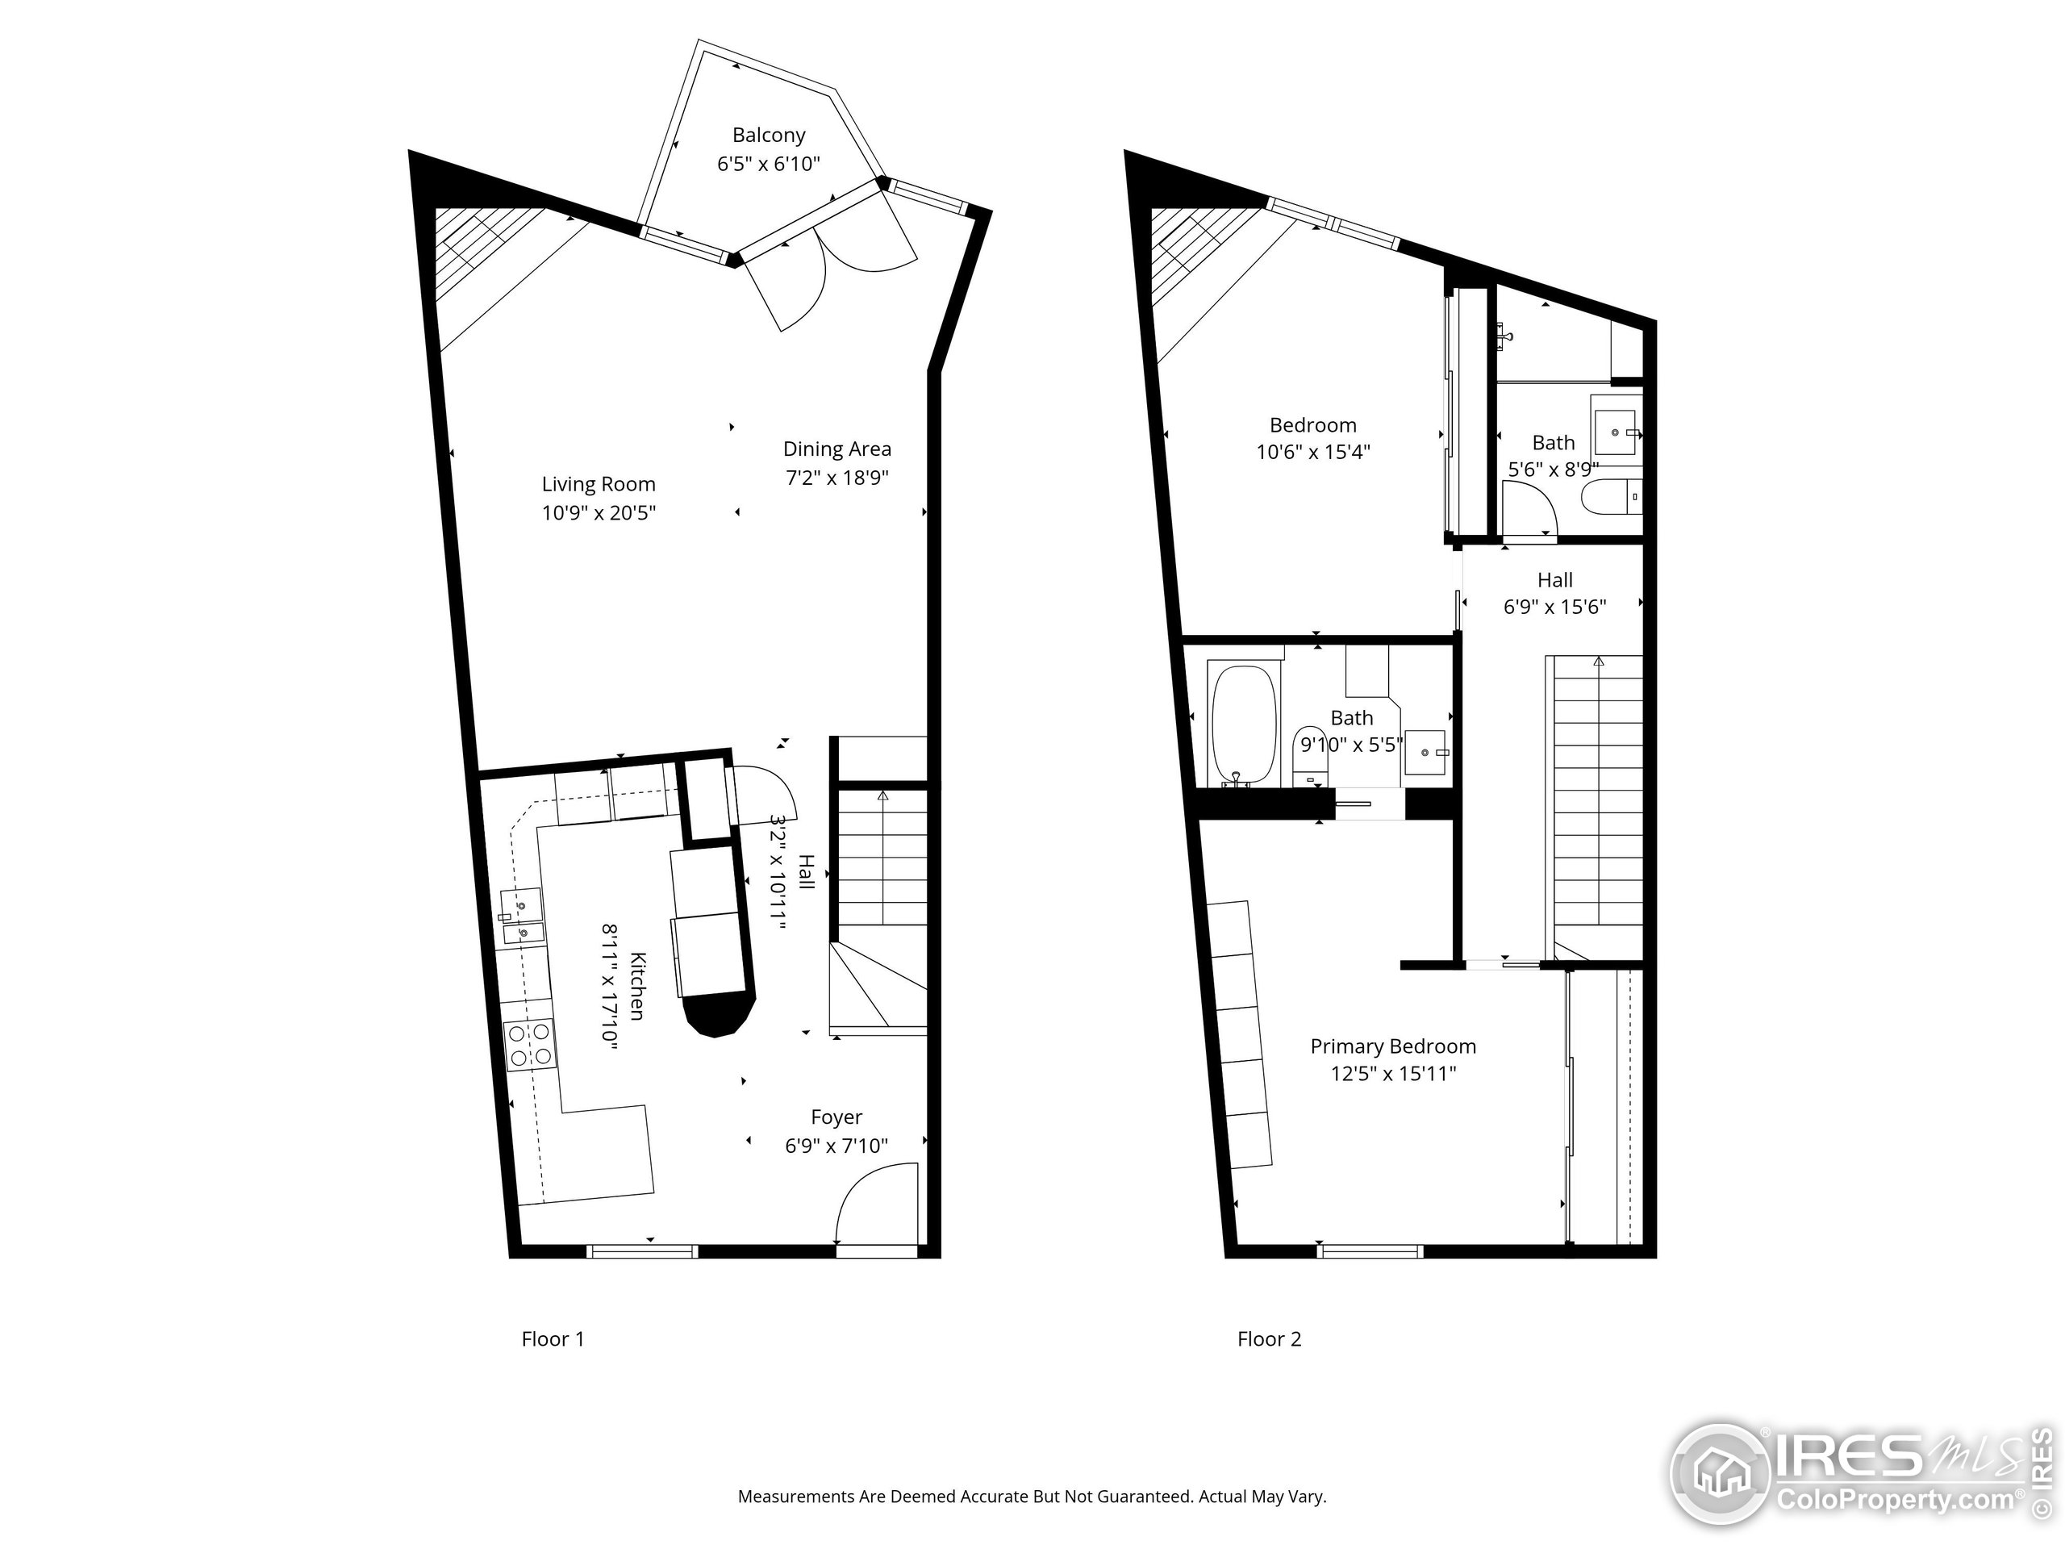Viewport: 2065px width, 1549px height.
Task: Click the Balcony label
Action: click(768, 136)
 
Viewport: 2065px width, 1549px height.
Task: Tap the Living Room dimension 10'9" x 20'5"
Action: click(599, 512)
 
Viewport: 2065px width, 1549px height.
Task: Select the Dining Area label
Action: click(836, 449)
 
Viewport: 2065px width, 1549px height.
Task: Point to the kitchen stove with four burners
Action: click(528, 1044)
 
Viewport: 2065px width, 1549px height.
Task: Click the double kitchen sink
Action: click(520, 916)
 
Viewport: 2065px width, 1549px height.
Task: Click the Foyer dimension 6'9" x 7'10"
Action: click(836, 1146)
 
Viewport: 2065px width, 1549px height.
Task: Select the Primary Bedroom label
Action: click(1393, 1046)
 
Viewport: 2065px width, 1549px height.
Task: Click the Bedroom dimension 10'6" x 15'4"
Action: click(1312, 452)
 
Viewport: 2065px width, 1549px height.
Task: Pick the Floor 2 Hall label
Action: click(1554, 580)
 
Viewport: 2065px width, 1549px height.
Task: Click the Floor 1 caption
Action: click(553, 1339)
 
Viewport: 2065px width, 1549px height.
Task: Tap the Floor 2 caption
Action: click(1269, 1339)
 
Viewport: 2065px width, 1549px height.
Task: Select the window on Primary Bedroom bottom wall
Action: click(1370, 1251)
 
